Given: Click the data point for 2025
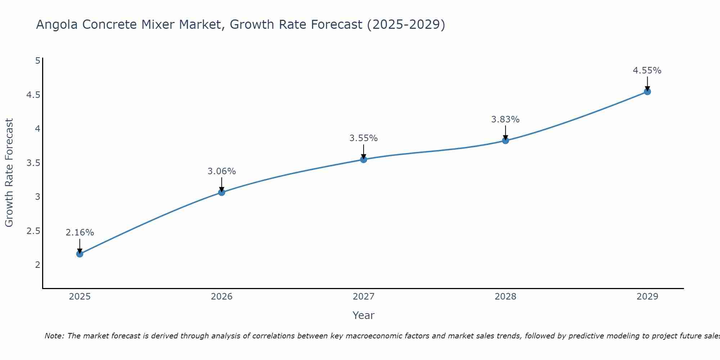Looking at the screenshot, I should [x=80, y=254].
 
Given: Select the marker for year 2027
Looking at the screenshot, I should [x=364, y=159].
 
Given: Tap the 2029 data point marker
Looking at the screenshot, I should [x=647, y=91].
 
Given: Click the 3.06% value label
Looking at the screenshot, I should [x=221, y=171].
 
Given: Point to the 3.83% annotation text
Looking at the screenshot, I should [x=505, y=120].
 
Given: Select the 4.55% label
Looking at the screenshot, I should [x=647, y=71].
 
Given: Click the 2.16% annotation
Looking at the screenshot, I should [x=80, y=233].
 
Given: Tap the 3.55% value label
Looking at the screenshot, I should [x=363, y=138].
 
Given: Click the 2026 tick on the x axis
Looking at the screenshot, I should [x=221, y=297].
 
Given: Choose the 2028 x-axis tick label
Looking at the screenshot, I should [x=505, y=297].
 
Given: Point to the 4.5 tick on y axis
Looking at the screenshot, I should [x=33, y=95].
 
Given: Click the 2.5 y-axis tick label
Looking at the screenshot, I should [x=33, y=231].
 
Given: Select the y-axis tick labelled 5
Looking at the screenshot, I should [x=37, y=61].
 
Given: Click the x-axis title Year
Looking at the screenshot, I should [x=363, y=315].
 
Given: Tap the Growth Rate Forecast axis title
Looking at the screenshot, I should [x=9, y=173].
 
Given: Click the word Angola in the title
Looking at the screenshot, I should [x=57, y=24].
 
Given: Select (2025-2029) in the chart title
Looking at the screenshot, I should [x=406, y=24].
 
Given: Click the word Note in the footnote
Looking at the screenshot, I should [x=54, y=336].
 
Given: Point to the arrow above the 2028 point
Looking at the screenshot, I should [x=505, y=132].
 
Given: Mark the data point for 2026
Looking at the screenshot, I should [x=221, y=192].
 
